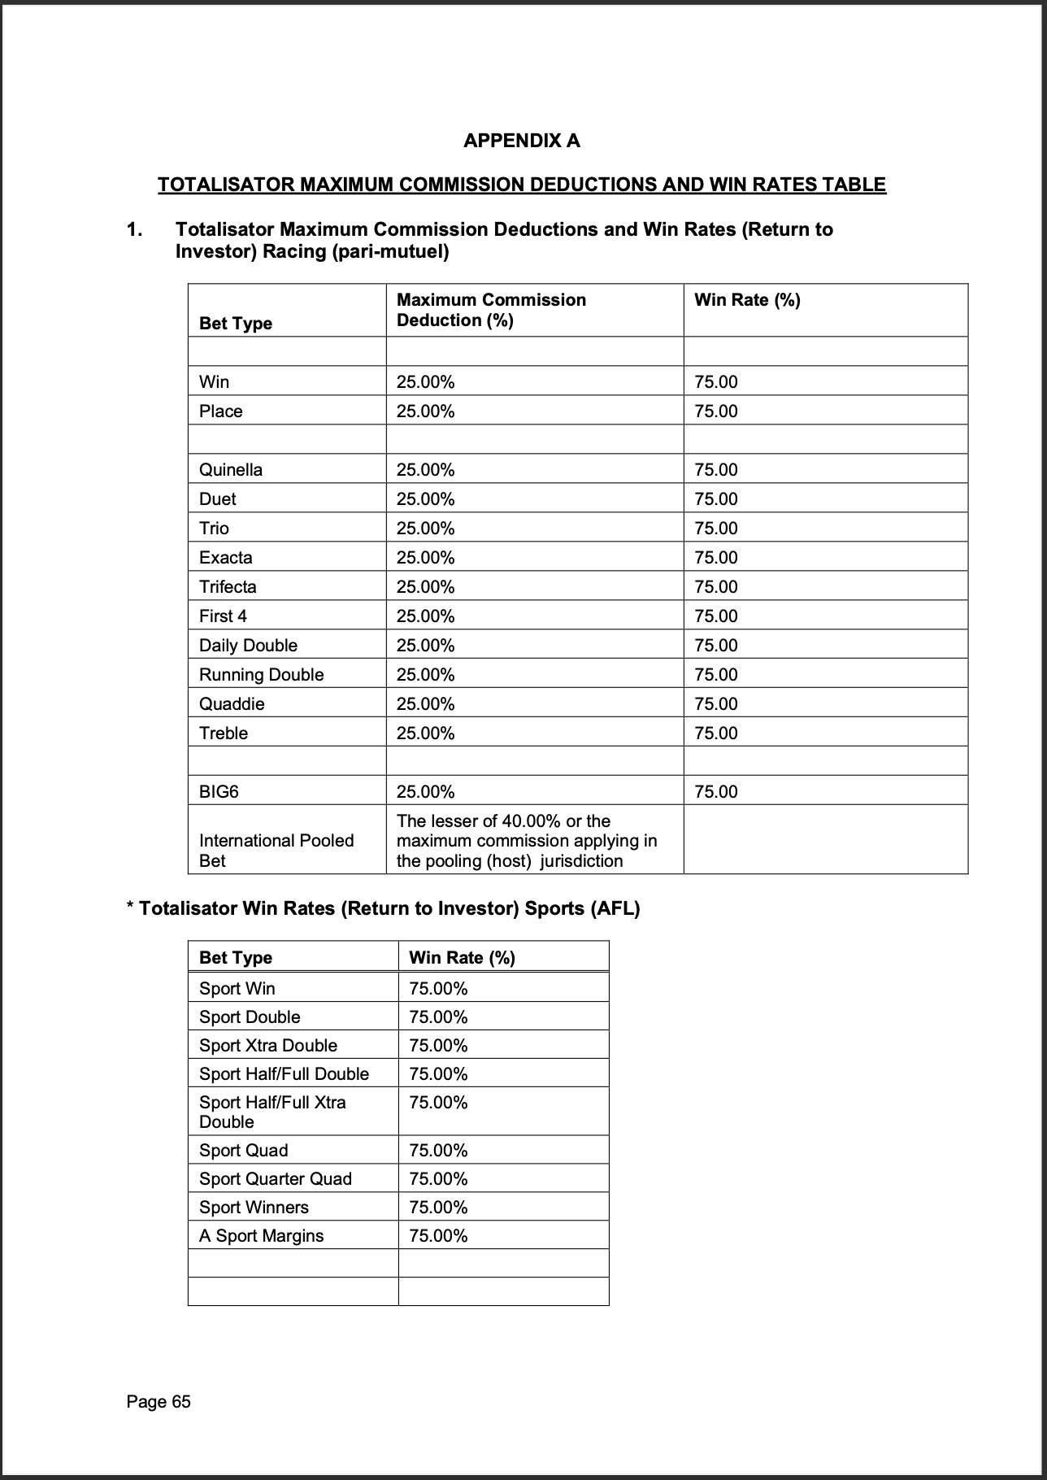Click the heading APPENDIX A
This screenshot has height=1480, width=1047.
pos(521,141)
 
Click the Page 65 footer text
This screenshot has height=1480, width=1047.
pos(159,1401)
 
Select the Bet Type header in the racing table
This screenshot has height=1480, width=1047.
pos(236,323)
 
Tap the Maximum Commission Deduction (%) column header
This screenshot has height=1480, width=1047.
pos(491,310)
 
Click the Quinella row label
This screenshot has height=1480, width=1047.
pos(231,469)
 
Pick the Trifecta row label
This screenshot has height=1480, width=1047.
pos(228,586)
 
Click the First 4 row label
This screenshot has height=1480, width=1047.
pos(223,616)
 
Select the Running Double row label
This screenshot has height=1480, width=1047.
pos(261,674)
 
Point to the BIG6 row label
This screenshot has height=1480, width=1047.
pos(219,791)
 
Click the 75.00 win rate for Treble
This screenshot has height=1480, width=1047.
pos(716,733)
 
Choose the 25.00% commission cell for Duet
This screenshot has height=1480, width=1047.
pos(425,498)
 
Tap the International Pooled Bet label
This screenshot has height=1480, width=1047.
pos(276,850)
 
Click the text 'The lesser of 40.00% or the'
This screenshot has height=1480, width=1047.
pos(503,821)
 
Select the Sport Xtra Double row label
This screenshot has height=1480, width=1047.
pos(268,1045)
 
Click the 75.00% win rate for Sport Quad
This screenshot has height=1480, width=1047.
pos(438,1150)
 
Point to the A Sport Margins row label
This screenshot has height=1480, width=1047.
pos(261,1235)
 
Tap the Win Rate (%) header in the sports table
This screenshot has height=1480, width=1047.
pos(462,957)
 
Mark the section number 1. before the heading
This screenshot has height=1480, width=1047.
pos(134,229)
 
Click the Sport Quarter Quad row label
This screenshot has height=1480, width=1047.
pos(276,1178)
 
